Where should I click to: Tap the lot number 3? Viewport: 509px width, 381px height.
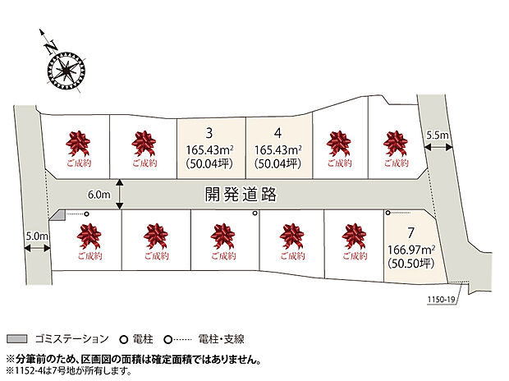point(211,132)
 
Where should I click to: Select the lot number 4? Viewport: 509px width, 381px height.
point(279,132)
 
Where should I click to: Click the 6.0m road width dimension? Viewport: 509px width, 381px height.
point(98,195)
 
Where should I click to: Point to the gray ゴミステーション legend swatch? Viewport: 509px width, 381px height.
point(18,338)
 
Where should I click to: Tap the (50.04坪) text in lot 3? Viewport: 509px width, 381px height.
point(211,164)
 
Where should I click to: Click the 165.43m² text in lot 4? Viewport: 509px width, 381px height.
point(279,149)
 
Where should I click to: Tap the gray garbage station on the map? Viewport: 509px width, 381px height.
point(57,215)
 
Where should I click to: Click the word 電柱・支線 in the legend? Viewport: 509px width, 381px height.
point(219,338)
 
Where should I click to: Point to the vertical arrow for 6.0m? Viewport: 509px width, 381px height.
point(121,195)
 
